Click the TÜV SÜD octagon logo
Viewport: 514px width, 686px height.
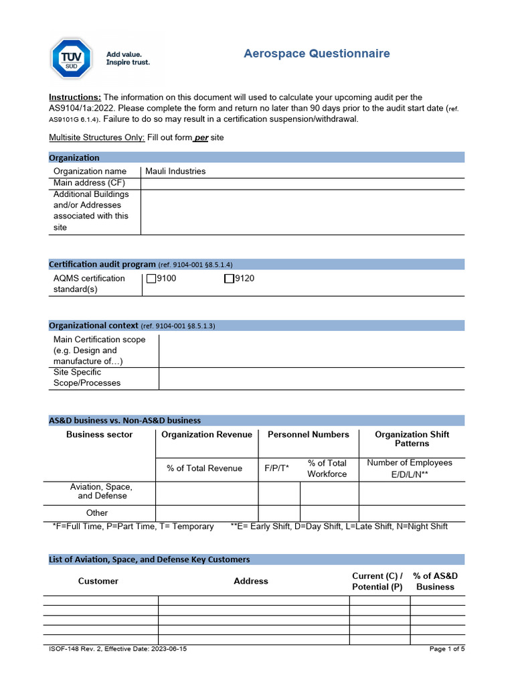point(72,58)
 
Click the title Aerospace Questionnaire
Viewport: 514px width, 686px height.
point(317,54)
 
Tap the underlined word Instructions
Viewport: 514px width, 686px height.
point(75,97)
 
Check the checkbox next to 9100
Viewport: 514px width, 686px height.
point(151,279)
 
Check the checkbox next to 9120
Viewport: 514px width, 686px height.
point(229,279)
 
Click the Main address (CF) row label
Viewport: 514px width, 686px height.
point(89,183)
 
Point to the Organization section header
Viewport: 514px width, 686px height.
point(74,158)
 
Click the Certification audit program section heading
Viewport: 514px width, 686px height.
point(102,265)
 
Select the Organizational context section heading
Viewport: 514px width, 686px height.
point(94,326)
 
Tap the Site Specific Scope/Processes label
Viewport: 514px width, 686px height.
point(87,378)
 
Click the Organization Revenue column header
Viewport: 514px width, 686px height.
point(207,435)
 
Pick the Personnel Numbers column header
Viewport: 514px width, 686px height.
point(308,435)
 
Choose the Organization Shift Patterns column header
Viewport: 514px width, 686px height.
point(412,439)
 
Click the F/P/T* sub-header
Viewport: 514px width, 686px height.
point(277,468)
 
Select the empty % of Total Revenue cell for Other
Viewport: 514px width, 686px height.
point(207,513)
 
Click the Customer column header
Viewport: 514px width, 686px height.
point(98,581)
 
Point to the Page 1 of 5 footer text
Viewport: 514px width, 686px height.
point(446,649)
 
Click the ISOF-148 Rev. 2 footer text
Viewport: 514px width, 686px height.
point(118,649)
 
